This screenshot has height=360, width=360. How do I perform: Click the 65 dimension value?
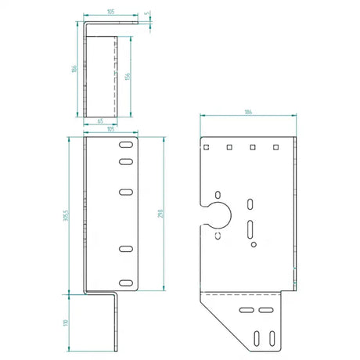click(101, 122)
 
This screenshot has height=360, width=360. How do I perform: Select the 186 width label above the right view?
click(247, 112)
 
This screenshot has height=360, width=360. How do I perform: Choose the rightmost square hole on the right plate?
click(274, 146)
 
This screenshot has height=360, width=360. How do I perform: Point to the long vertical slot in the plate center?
click(250, 229)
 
